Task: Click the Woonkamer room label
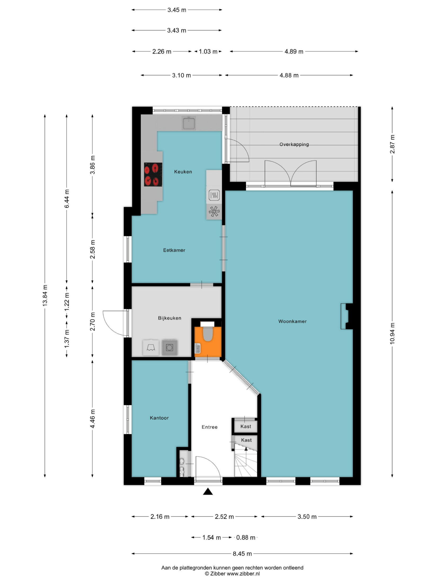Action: pyautogui.click(x=292, y=321)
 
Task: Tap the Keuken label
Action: pyautogui.click(x=183, y=172)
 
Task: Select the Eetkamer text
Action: pyautogui.click(x=174, y=250)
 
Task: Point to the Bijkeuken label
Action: pyautogui.click(x=170, y=318)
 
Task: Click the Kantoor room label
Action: pyautogui.click(x=159, y=418)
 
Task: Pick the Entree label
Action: pyautogui.click(x=209, y=427)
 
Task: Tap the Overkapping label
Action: pyautogui.click(x=294, y=144)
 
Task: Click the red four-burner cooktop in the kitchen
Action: pyautogui.click(x=153, y=174)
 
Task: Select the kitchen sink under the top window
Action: pyautogui.click(x=189, y=123)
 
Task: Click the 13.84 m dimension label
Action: pyautogui.click(x=45, y=296)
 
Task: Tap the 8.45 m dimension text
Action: pyautogui.click(x=242, y=554)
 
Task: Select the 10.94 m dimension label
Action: pyautogui.click(x=392, y=333)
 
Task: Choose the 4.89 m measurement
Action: pyautogui.click(x=294, y=51)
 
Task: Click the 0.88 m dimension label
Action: pyautogui.click(x=246, y=537)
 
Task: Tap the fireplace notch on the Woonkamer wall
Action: pyautogui.click(x=347, y=316)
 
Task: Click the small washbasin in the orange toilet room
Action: pyautogui.click(x=198, y=348)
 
